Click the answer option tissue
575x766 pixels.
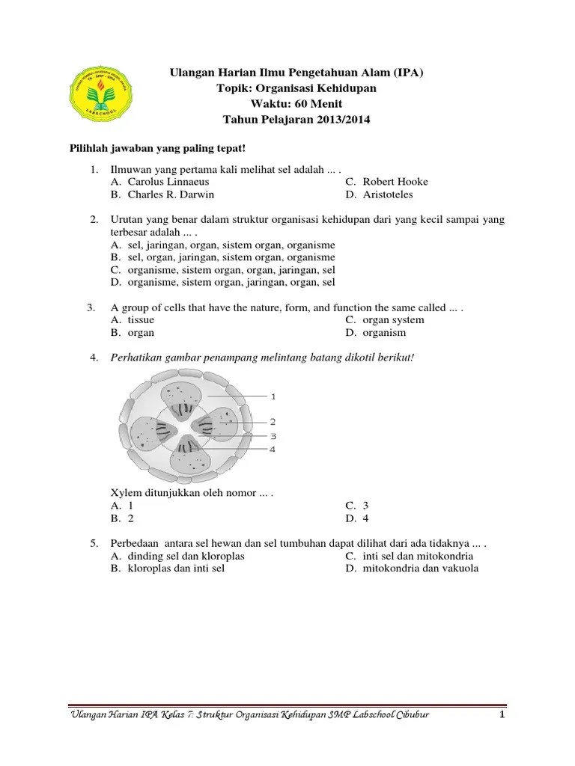(141, 320)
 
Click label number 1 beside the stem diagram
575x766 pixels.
(274, 395)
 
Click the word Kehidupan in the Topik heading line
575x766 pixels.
(361, 88)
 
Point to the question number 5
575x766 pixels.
(94, 544)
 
